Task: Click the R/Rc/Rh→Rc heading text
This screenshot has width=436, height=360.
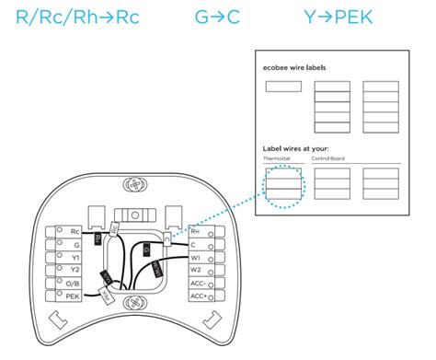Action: [x=77, y=17]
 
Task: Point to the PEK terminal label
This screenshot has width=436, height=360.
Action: [x=74, y=296]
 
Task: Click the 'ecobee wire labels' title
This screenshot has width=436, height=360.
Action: [x=293, y=68]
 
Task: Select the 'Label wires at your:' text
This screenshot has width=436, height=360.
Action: [x=294, y=148]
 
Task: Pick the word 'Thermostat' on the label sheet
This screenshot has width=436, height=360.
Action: [x=275, y=159]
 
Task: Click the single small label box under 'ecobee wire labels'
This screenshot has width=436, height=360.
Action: [x=283, y=87]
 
